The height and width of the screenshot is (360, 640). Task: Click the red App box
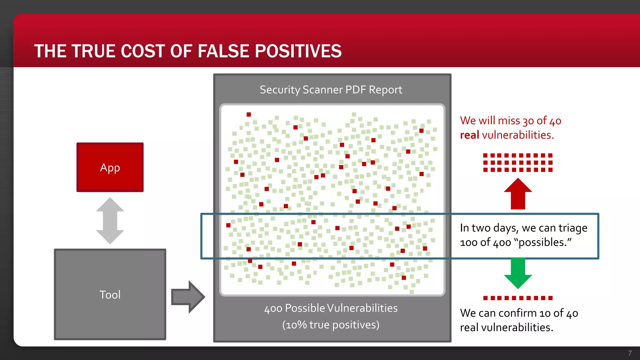pyautogui.click(x=110, y=167)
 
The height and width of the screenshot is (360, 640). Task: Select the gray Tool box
pyautogui.click(x=110, y=294)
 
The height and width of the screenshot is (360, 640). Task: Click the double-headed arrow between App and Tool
pyautogui.click(x=110, y=221)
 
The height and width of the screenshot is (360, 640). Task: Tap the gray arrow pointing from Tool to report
pyautogui.click(x=187, y=297)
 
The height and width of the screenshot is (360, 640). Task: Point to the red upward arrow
pyautogui.click(x=518, y=194)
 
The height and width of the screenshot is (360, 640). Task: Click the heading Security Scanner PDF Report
pyautogui.click(x=331, y=90)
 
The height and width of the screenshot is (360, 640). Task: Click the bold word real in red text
pyautogui.click(x=469, y=135)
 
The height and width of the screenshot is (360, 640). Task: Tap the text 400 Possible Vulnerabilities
pyautogui.click(x=331, y=308)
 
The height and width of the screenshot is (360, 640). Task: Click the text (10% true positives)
pyautogui.click(x=331, y=325)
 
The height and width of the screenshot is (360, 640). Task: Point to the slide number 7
pyautogui.click(x=630, y=353)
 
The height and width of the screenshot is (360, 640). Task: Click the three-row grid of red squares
pyautogui.click(x=518, y=162)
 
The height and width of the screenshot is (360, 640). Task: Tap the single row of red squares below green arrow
pyautogui.click(x=518, y=298)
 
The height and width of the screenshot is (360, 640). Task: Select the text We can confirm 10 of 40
pyautogui.click(x=519, y=313)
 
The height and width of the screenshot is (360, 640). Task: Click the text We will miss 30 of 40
pyautogui.click(x=511, y=121)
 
